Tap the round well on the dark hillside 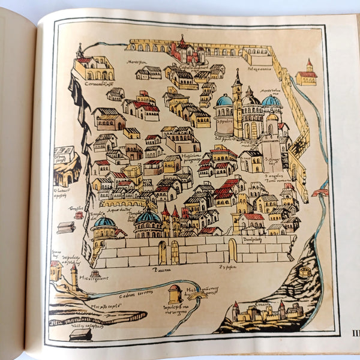pos(305,272)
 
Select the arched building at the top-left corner pos(94,67)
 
